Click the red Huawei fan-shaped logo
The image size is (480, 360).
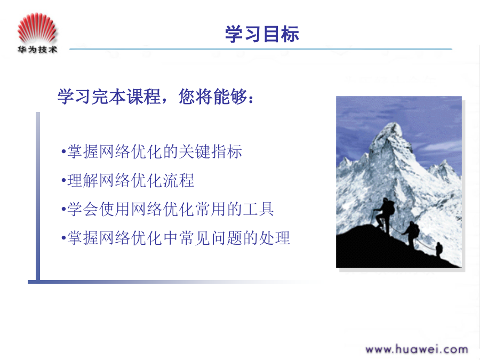(37, 28)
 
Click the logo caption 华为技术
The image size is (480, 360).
(37, 49)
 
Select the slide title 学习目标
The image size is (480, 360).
(262, 34)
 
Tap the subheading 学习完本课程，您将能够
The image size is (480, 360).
(156, 97)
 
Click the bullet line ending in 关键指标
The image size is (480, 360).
(151, 151)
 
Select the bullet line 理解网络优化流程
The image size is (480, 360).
(127, 180)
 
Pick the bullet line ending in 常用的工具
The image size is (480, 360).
(167, 209)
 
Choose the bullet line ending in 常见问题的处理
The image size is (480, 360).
(175, 238)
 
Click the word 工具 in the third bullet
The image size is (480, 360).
(258, 209)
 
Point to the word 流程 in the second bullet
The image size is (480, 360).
(179, 180)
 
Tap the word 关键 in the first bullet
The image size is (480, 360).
(194, 151)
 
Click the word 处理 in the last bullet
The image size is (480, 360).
(274, 238)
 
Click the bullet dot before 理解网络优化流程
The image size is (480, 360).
(63, 181)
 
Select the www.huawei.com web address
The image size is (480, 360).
(417, 349)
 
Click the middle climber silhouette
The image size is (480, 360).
(412, 233)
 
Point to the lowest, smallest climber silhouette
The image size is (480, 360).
(439, 249)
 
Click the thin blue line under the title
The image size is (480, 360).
(260, 49)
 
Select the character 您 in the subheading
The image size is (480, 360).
(187, 97)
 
